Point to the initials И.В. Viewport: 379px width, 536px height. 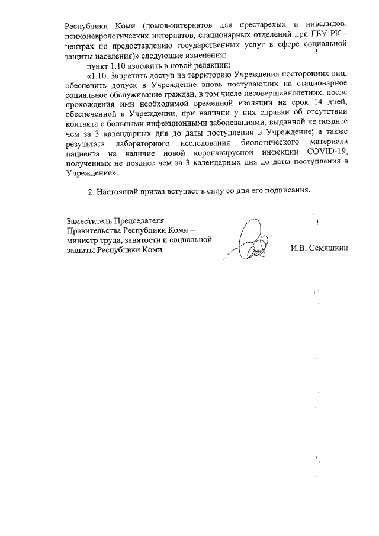tap(298, 248)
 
